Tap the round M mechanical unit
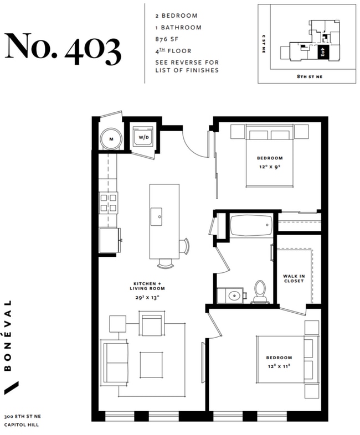pos(111,139)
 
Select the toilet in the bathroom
pos(260,292)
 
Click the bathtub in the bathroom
pos(251,225)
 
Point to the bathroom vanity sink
pos(233,296)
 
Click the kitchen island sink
pos(158,214)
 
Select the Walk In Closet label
pos(294,278)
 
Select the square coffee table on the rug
pos(151,364)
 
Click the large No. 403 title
pos(62,48)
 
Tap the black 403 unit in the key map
pos(323,53)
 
